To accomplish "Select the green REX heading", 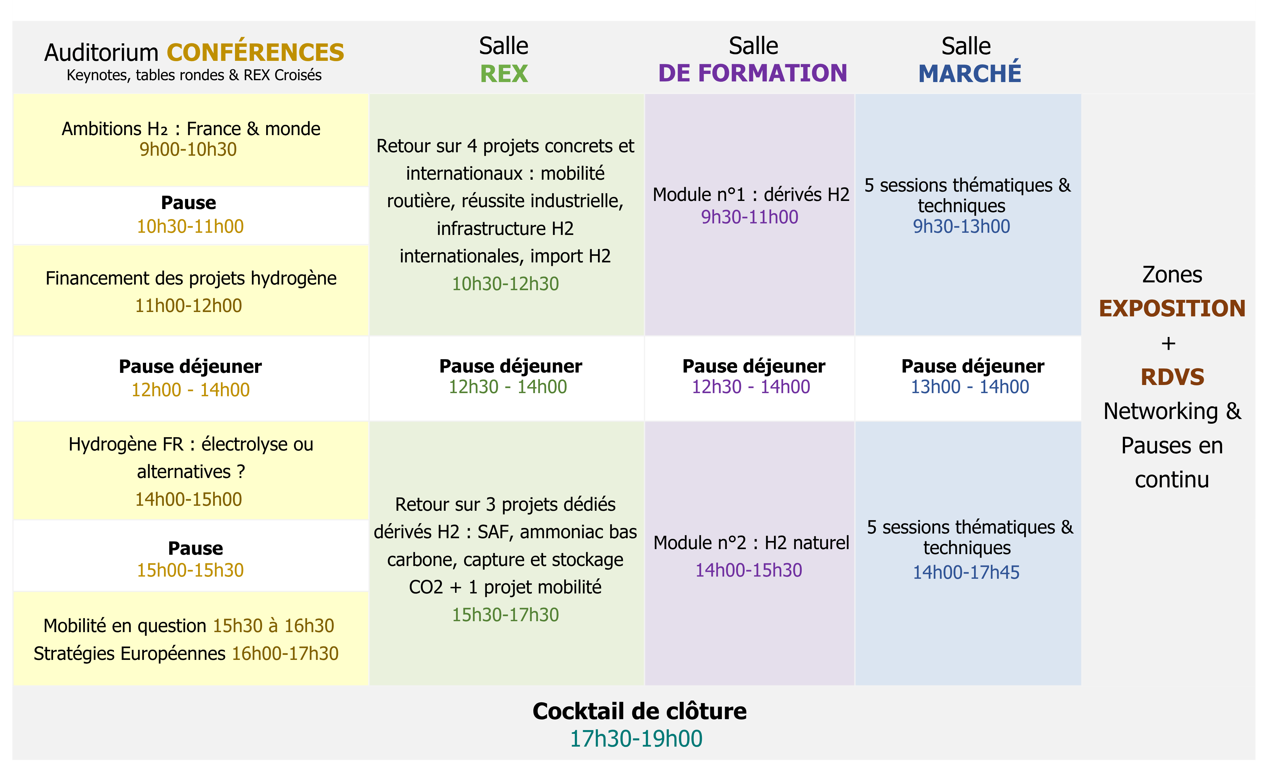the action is [x=504, y=73].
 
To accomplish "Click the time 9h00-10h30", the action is [x=188, y=149].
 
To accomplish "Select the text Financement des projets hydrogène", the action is [x=191, y=278].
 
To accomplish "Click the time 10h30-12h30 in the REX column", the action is [x=505, y=283].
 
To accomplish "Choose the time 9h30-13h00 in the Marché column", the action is [x=961, y=226].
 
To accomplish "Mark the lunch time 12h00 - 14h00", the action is [x=190, y=389].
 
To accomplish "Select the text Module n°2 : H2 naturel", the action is [x=751, y=543].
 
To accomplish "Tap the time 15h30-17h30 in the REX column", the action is [x=505, y=614].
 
